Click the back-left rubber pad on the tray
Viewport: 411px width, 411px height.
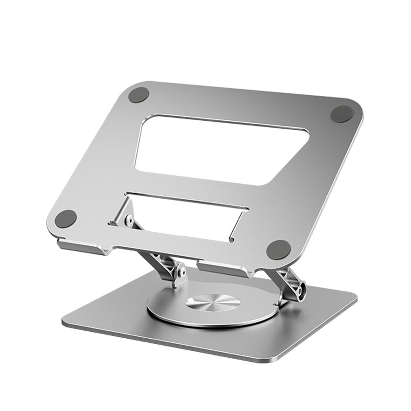click(138, 95)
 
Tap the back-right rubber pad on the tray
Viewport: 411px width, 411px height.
click(342, 114)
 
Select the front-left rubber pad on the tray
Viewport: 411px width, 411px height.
click(66, 218)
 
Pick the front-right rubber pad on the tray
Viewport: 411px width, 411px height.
click(278, 249)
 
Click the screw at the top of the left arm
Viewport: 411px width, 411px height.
click(129, 220)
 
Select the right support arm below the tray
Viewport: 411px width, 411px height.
click(285, 279)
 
